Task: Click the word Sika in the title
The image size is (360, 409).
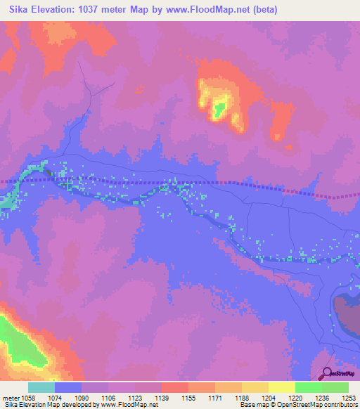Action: pos(20,10)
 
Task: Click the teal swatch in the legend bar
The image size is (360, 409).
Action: pos(41,387)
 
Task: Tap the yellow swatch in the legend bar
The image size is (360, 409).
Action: pos(282,387)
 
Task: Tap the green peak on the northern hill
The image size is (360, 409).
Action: pos(219,108)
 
